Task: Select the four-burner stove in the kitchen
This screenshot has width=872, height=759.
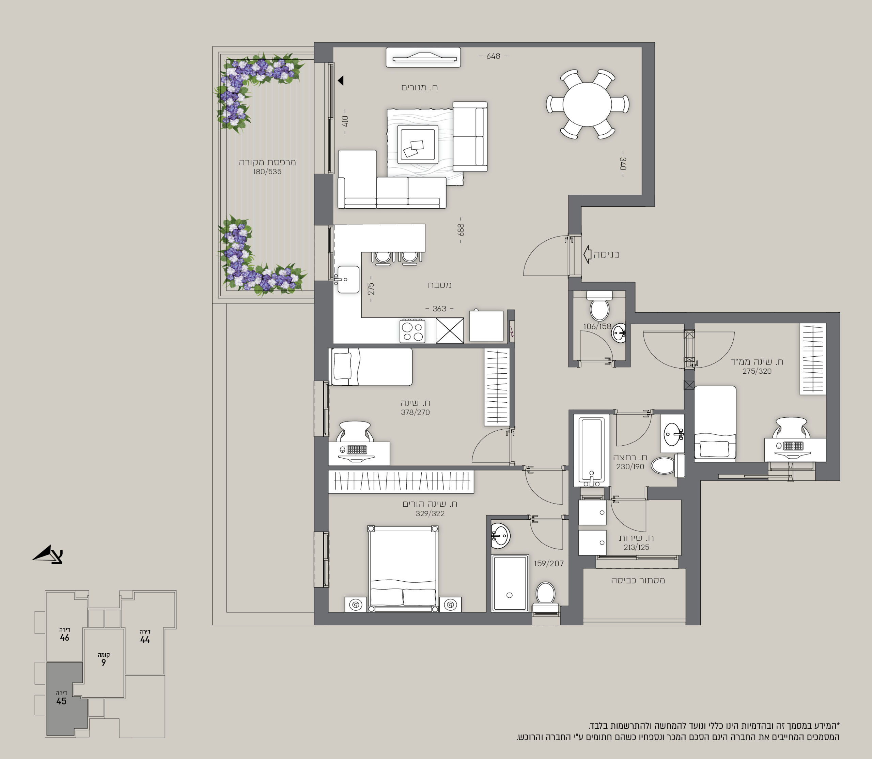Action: point(412,331)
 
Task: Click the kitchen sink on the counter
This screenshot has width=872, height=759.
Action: point(348,279)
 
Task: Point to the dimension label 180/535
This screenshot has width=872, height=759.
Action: point(267,172)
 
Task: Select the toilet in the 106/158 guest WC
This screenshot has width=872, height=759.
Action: point(599,306)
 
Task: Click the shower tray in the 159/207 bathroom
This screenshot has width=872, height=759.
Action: point(510,583)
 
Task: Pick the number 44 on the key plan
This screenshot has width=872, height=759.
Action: point(145,640)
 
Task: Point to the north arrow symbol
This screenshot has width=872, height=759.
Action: point(48,554)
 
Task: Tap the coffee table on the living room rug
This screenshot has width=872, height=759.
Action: point(418,144)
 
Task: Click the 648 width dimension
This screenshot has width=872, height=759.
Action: point(493,56)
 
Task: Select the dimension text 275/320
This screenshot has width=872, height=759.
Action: point(757,371)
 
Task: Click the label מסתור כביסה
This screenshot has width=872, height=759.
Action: point(638,580)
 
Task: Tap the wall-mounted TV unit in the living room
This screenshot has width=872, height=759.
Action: point(423,57)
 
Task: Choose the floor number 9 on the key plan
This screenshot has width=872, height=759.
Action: point(103,663)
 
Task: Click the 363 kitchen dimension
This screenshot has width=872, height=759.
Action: point(439,309)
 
